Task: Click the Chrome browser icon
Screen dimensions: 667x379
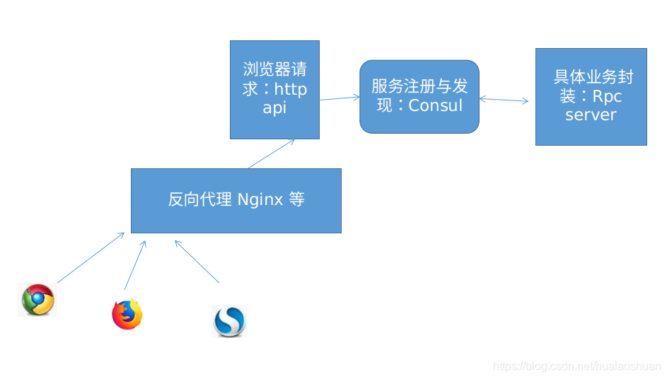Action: (37, 300)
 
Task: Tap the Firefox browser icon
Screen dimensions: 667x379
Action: (127, 315)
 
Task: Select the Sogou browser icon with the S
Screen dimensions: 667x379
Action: (229, 321)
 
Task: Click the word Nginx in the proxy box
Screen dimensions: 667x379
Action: (260, 199)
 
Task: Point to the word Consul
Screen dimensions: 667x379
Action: (435, 105)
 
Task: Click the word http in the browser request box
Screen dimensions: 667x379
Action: (291, 90)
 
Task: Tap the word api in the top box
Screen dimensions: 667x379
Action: (274, 108)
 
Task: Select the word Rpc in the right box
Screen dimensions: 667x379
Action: (607, 96)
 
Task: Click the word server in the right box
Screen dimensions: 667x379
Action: (591, 115)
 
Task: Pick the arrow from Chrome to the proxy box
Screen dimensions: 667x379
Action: (91, 257)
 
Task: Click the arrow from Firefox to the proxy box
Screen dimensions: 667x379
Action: (135, 265)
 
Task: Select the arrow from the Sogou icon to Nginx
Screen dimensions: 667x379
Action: (197, 262)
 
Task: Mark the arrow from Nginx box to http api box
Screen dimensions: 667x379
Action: (271, 154)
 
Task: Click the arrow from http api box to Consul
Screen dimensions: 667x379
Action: (340, 98)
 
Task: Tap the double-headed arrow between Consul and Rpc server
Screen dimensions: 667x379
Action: (504, 100)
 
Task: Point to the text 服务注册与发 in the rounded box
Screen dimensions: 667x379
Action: (419, 86)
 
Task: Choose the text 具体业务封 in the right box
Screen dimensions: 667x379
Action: (593, 77)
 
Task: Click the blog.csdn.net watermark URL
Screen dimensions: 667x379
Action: (576, 366)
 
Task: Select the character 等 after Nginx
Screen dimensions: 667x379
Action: (296, 199)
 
